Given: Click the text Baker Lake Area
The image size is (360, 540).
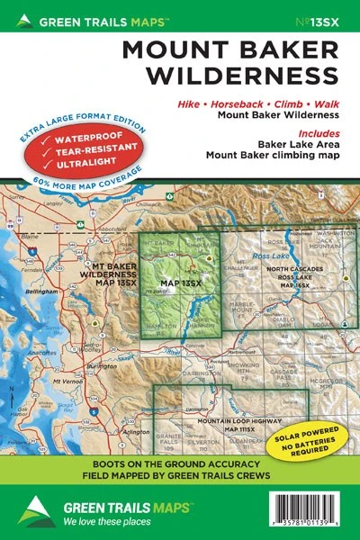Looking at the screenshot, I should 290,142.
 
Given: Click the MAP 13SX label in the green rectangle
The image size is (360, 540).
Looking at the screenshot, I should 178,284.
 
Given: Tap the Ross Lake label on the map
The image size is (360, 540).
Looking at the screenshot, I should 272,256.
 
